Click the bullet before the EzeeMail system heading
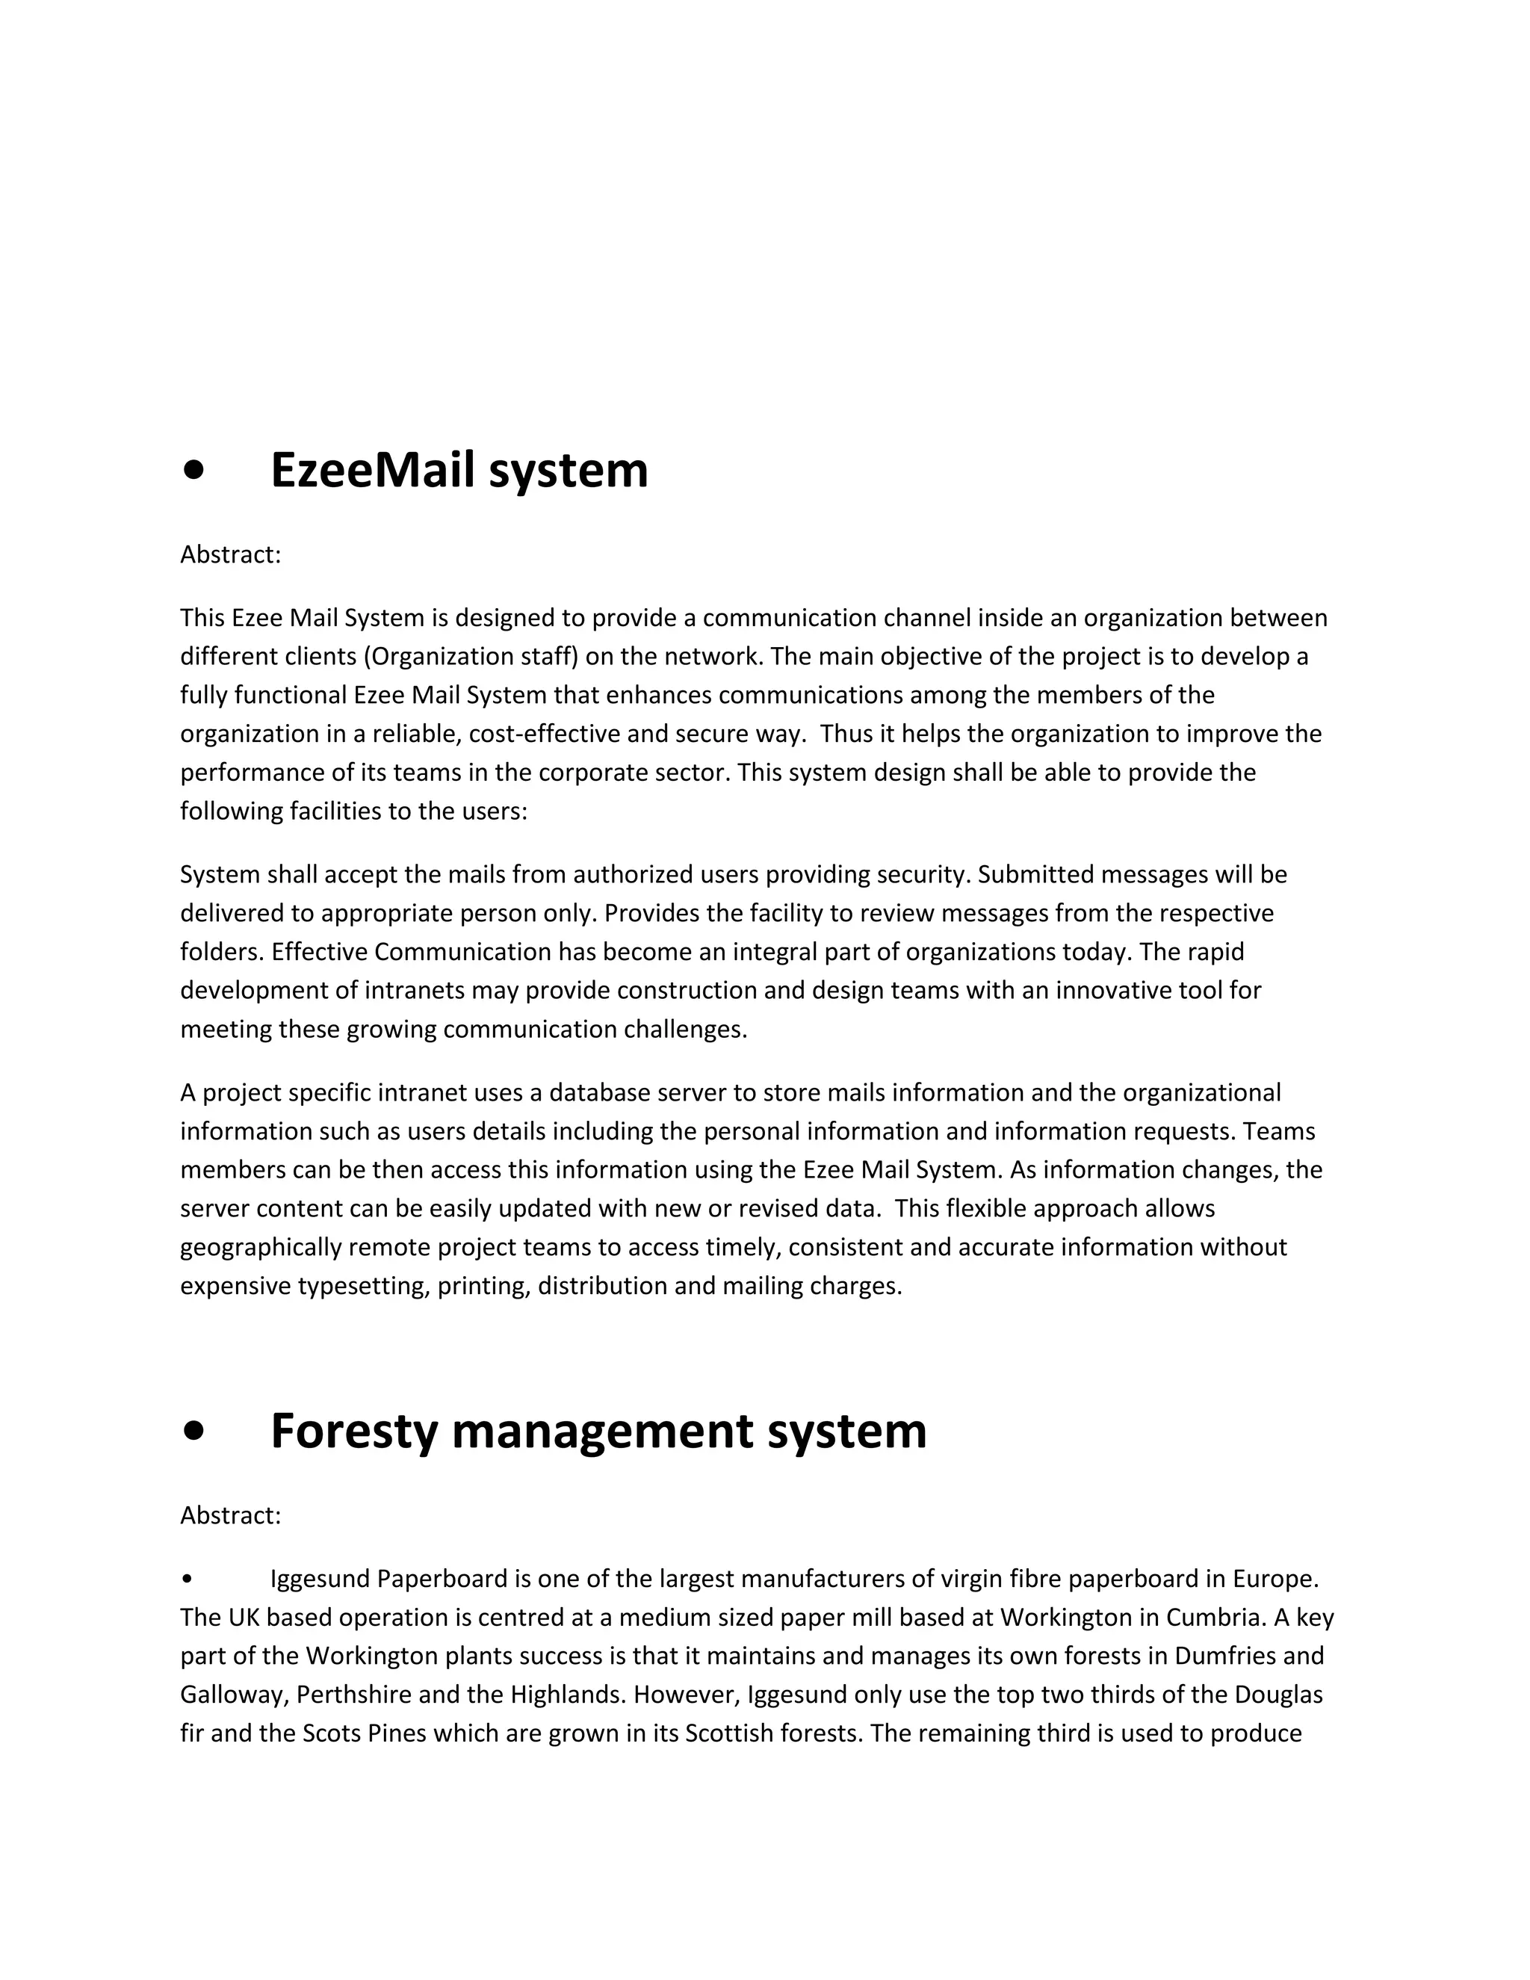coord(193,471)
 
